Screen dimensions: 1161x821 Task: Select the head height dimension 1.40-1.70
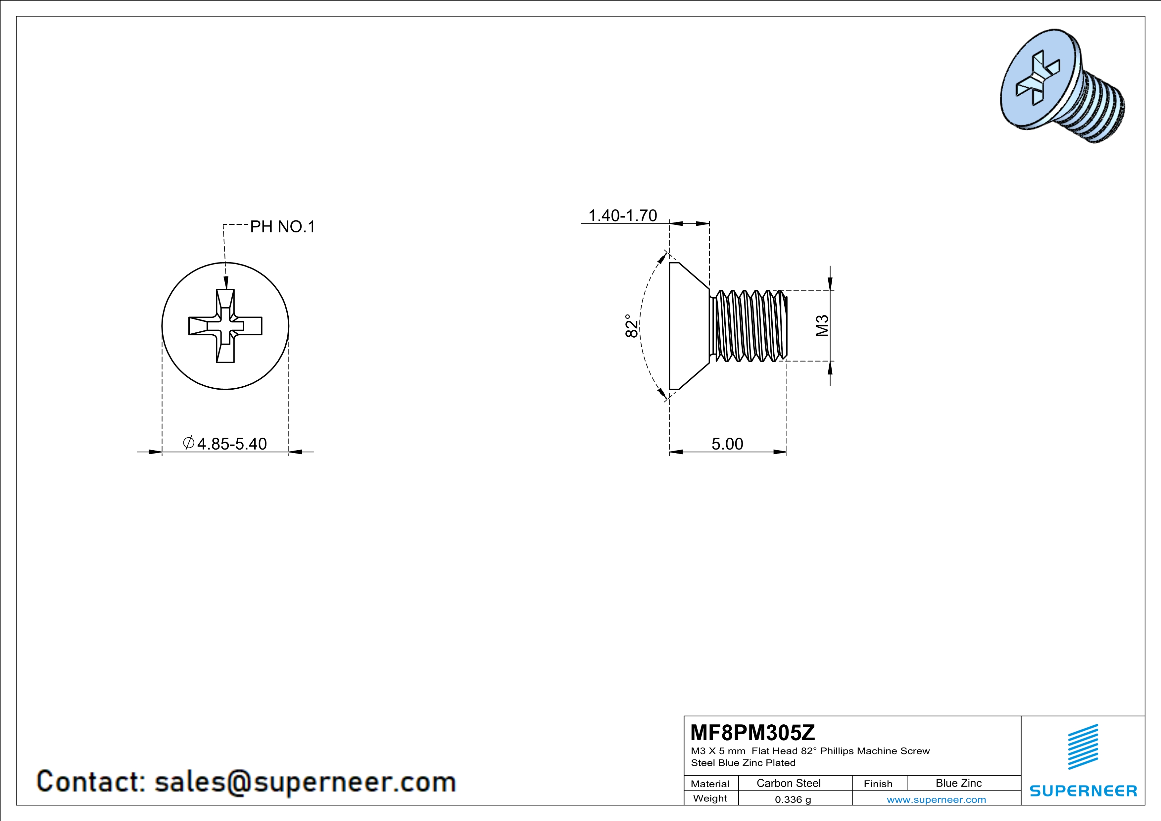tap(622, 216)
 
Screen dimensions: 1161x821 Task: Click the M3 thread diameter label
tap(822, 325)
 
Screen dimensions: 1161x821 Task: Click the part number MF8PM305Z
tap(752, 732)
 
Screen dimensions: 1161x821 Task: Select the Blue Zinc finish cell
tap(959, 783)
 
